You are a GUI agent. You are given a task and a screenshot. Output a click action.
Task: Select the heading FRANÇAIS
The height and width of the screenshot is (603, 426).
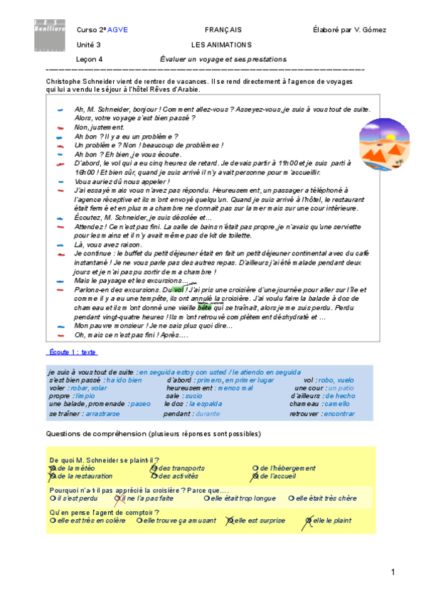[223, 30]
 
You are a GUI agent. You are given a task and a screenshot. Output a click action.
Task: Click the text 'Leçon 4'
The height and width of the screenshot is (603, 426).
[90, 60]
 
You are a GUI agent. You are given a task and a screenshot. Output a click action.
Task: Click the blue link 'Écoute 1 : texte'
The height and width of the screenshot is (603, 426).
[73, 352]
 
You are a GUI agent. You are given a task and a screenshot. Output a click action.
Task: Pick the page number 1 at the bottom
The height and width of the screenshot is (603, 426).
[393, 572]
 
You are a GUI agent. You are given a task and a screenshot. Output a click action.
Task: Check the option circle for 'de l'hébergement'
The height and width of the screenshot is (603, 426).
[255, 468]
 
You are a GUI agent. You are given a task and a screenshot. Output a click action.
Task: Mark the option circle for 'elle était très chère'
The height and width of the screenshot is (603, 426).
[292, 498]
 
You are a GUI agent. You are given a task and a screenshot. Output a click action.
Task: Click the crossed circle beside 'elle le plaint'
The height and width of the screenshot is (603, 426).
[309, 521]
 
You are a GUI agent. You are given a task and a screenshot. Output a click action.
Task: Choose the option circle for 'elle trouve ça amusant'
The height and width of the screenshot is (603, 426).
[140, 521]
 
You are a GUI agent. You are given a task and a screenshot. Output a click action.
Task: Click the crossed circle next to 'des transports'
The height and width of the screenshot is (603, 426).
[153, 468]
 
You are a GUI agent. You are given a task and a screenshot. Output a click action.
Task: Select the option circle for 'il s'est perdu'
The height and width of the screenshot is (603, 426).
[52, 498]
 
